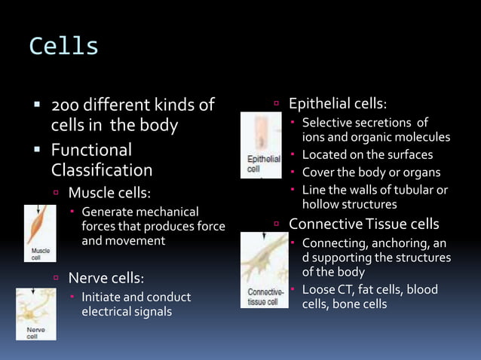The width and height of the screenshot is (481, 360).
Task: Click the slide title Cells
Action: tap(64, 47)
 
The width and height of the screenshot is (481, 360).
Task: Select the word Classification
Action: tap(102, 170)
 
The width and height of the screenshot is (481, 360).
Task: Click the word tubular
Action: tap(414, 190)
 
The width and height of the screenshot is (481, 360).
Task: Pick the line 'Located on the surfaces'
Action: tap(367, 155)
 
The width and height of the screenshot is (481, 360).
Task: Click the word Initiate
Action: tap(101, 297)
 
